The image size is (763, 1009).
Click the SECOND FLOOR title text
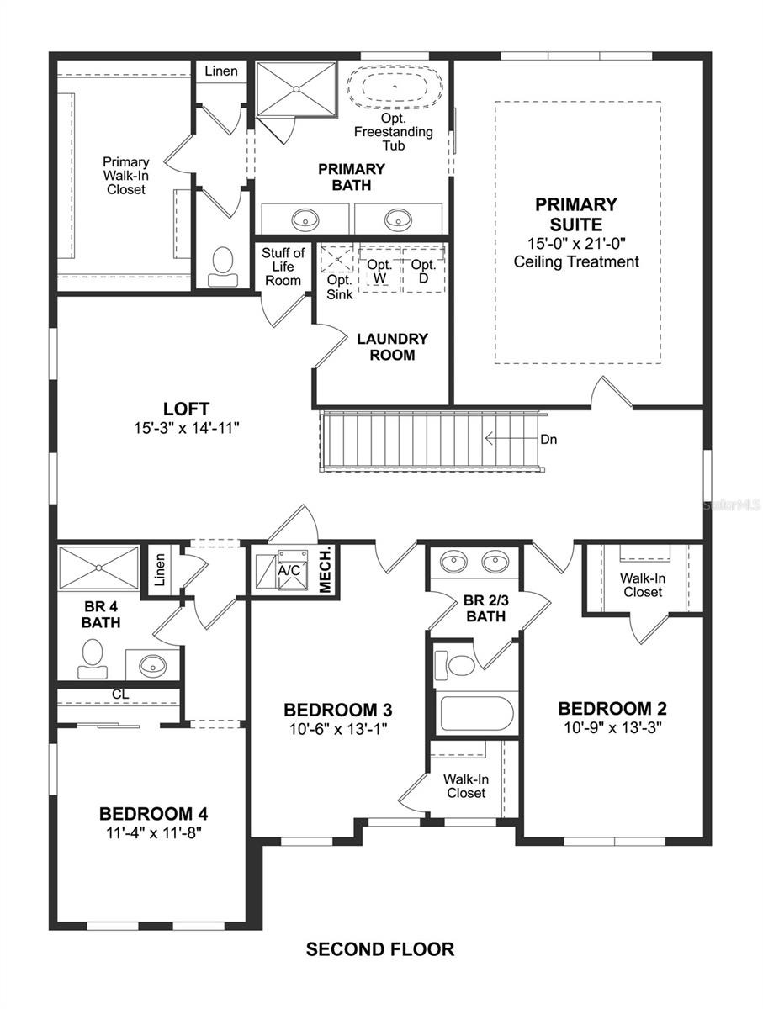click(380, 949)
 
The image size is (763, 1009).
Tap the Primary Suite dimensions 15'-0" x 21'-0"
click(576, 243)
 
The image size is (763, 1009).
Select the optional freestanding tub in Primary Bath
click(395, 89)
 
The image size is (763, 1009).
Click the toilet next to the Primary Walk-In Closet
click(223, 262)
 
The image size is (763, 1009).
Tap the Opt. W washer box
click(379, 271)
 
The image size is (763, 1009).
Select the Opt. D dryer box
click(423, 271)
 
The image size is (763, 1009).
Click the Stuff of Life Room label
click(283, 267)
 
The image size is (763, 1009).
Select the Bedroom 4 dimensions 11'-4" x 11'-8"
click(153, 832)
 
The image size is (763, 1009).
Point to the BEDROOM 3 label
click(337, 709)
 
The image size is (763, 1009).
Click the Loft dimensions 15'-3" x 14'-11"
click(186, 427)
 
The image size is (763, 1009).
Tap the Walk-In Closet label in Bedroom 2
click(641, 585)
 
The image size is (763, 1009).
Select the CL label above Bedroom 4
click(121, 695)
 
